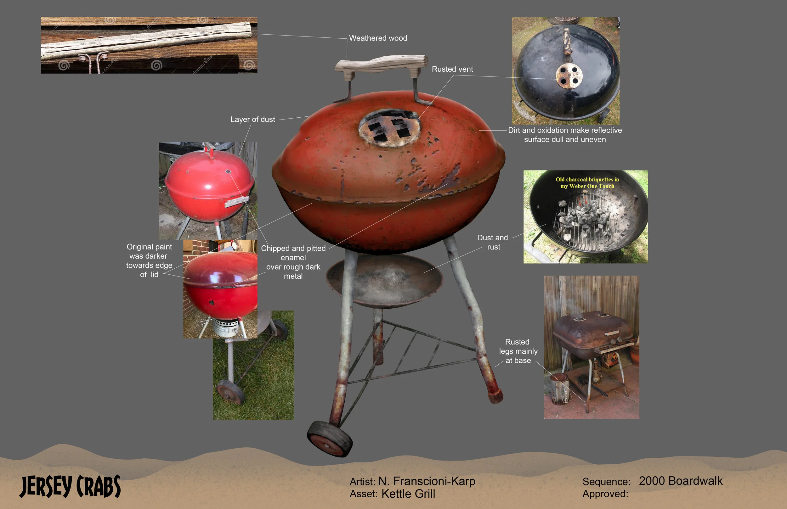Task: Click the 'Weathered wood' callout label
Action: [378, 38]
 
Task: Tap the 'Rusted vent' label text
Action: [452, 70]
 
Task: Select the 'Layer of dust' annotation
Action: [253, 120]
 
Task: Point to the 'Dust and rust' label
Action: [493, 242]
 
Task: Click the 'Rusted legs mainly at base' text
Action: [518, 351]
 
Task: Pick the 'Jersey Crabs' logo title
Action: [70, 486]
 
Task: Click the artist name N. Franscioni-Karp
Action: [427, 481]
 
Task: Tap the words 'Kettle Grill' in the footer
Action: [408, 494]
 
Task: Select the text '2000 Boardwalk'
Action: [681, 481]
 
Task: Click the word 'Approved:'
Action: [605, 494]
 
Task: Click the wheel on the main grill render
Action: [329, 439]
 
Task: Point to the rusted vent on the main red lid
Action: [389, 128]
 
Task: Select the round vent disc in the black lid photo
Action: [569, 76]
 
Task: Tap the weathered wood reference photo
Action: [149, 45]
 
